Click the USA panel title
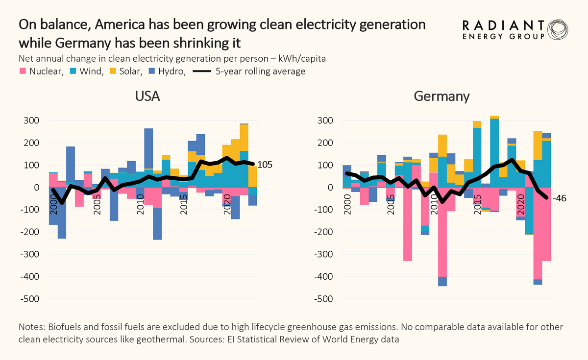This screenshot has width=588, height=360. tap(147, 96)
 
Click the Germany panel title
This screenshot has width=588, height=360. tap(441, 96)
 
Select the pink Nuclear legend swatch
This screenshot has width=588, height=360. tap(23, 72)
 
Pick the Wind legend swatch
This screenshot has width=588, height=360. tap(73, 72)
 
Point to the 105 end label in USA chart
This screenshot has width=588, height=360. tap(265, 165)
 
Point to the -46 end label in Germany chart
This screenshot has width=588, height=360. tap(559, 199)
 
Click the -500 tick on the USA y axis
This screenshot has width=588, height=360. tap(30, 299)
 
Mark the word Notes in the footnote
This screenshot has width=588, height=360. tap(30, 327)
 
